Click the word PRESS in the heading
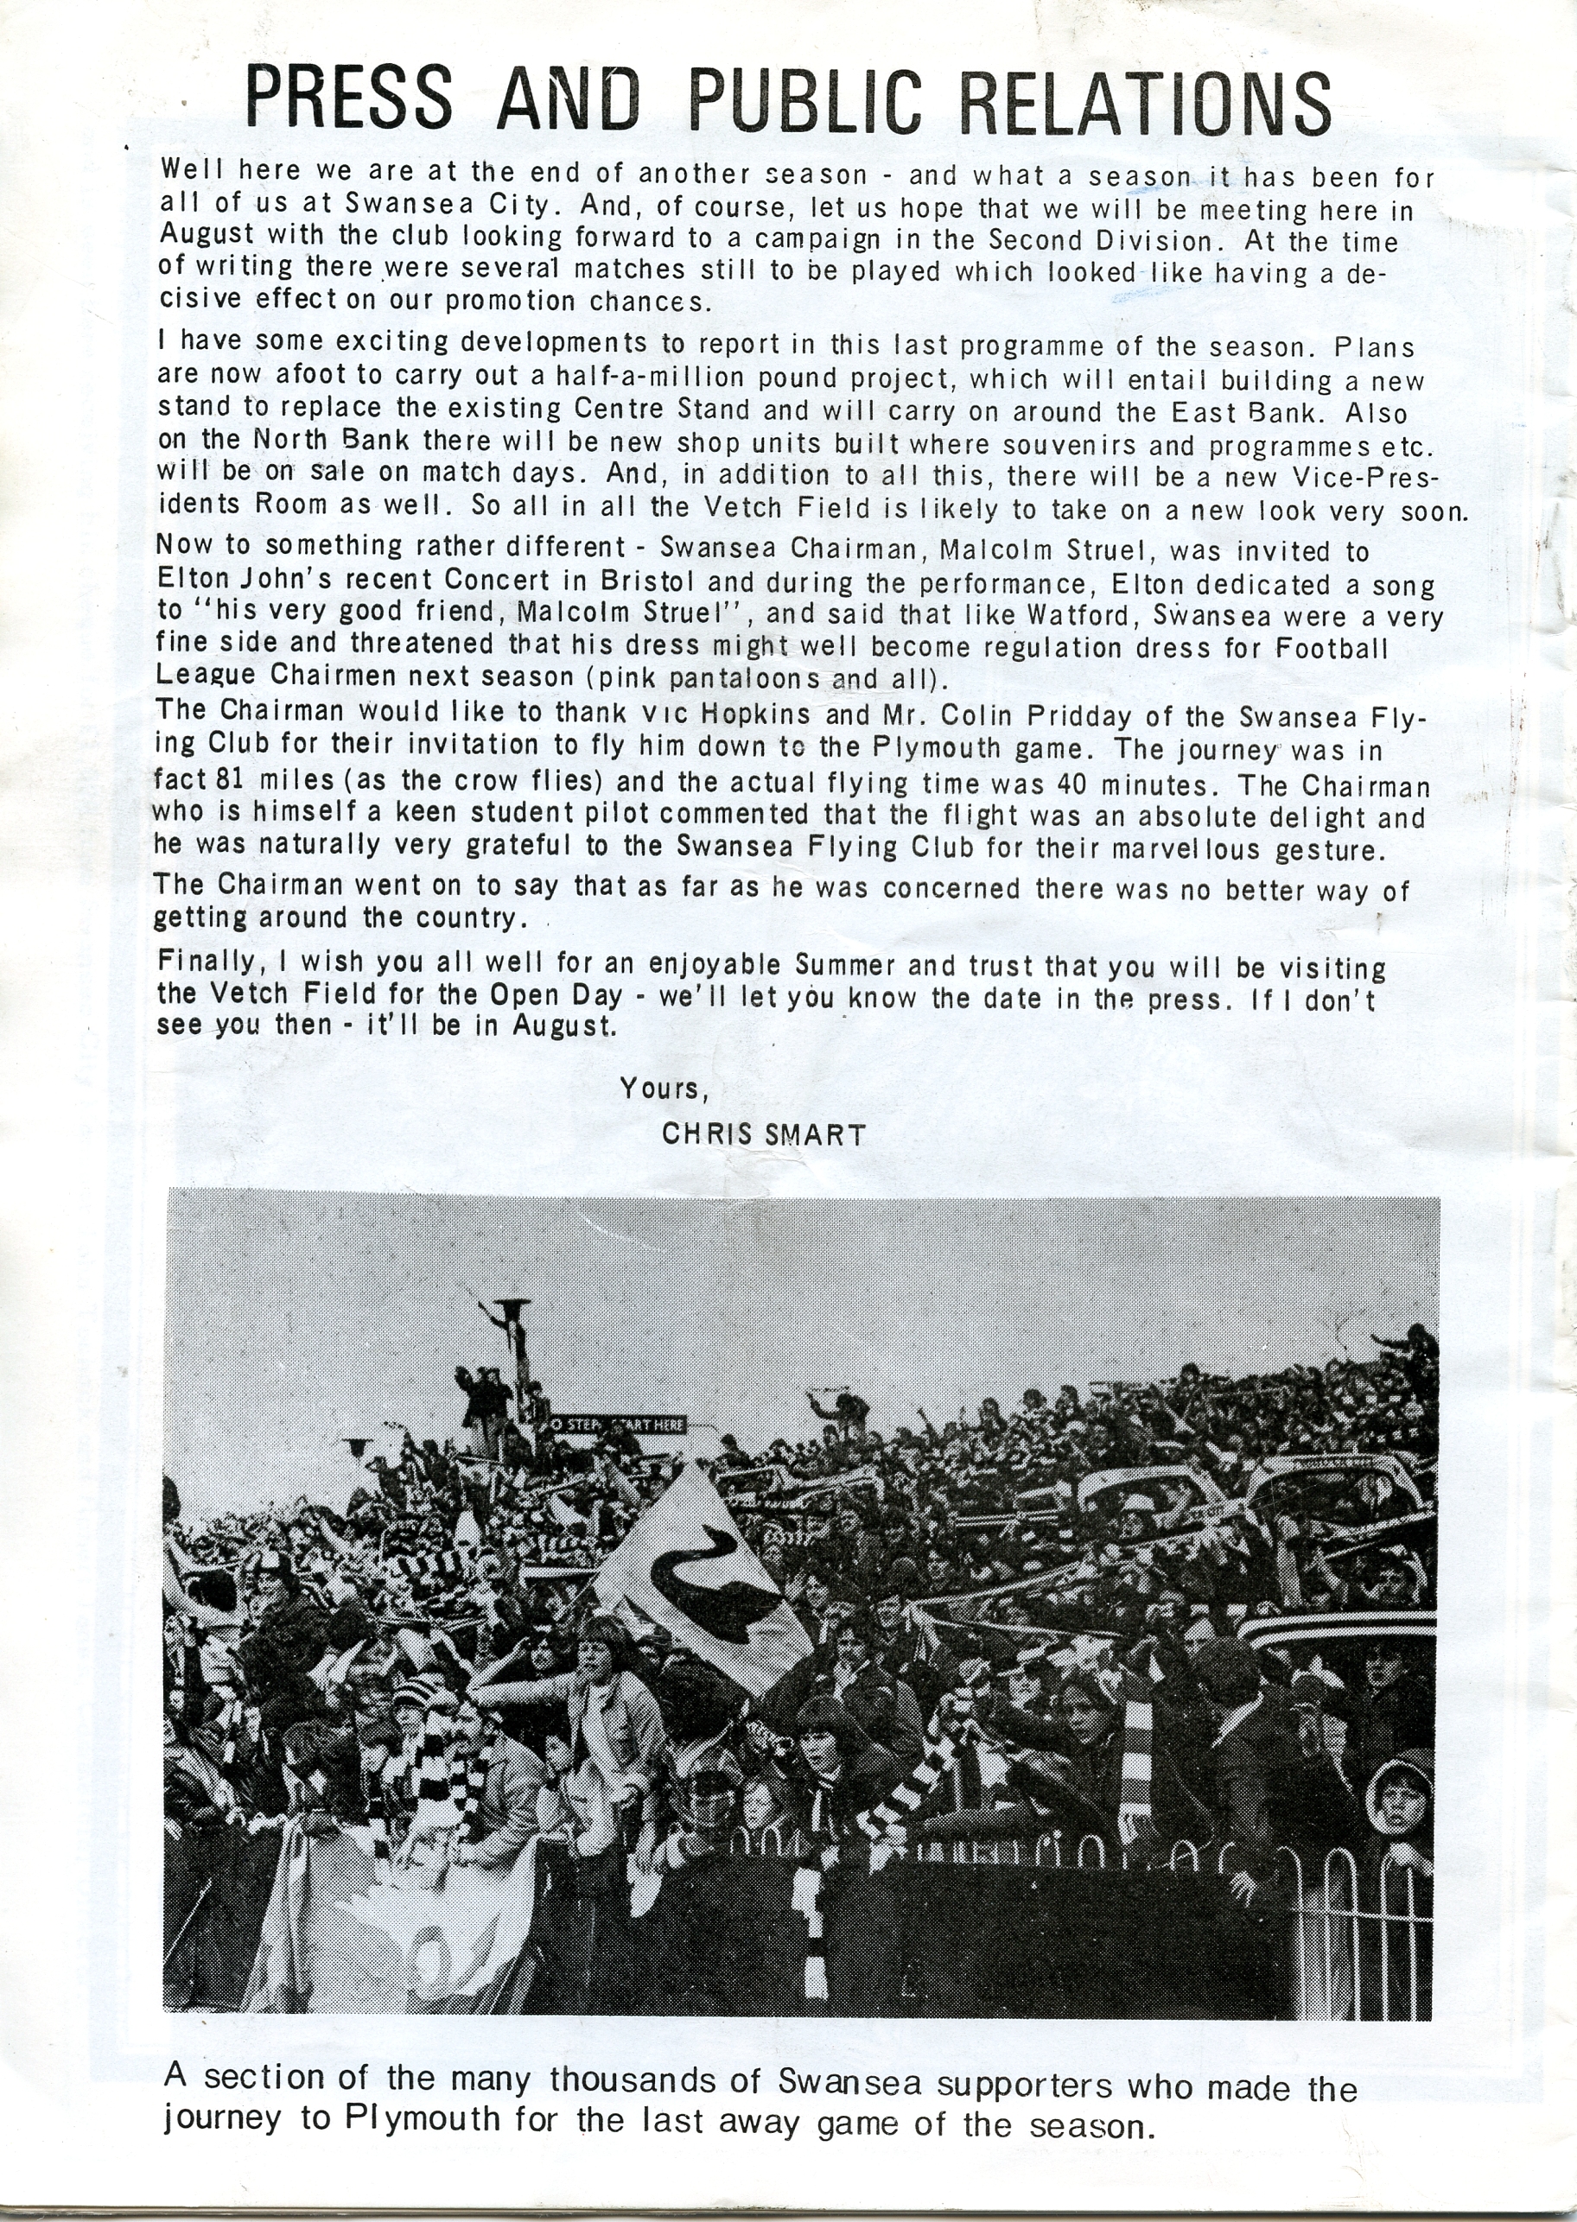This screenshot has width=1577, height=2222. tap(347, 99)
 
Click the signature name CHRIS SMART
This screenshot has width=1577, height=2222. tap(762, 1133)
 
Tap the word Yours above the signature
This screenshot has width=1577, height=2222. tap(661, 1089)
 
